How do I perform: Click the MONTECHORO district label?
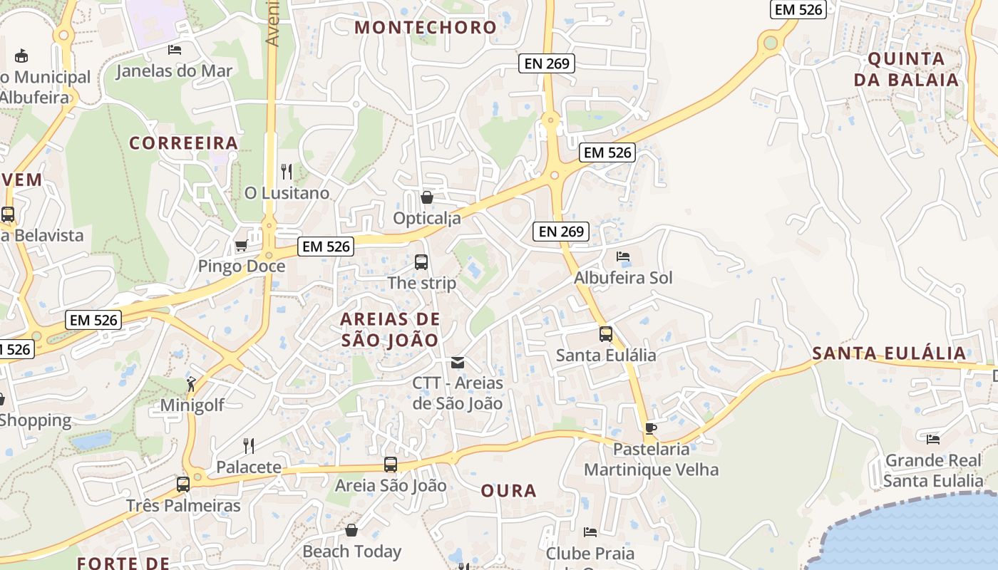(x=426, y=28)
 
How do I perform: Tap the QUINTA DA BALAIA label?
(x=906, y=69)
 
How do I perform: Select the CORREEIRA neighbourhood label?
(x=183, y=143)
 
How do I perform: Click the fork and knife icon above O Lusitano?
(x=287, y=172)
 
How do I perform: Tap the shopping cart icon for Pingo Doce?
(x=241, y=246)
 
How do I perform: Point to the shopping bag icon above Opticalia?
(x=427, y=197)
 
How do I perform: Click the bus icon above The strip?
(x=421, y=262)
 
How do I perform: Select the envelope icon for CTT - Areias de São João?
(x=458, y=363)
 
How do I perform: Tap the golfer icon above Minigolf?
(x=191, y=385)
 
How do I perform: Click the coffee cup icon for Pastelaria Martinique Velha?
(x=650, y=428)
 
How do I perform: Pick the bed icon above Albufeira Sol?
(x=623, y=256)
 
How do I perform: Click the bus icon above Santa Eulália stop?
(x=606, y=333)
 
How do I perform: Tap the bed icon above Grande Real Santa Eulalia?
(x=933, y=439)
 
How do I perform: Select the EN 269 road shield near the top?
(x=547, y=63)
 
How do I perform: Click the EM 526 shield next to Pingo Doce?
(x=326, y=247)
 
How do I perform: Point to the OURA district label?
(x=508, y=491)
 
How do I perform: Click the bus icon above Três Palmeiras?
(x=183, y=484)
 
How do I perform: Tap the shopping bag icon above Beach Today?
(x=351, y=530)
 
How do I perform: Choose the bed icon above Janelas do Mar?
(x=175, y=50)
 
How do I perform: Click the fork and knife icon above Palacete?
(x=249, y=446)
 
